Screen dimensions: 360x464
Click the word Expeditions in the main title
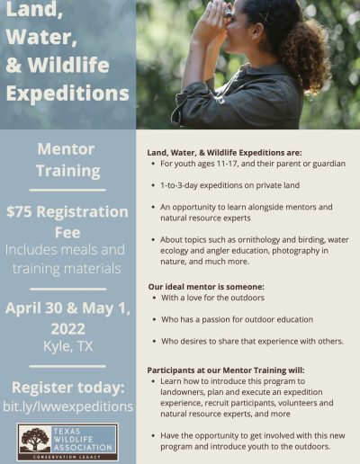pyautogui.click(x=67, y=94)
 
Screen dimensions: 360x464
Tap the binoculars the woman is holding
pyautogui.click(x=228, y=13)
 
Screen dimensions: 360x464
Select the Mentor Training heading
pyautogui.click(x=67, y=160)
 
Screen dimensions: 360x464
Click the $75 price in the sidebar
pyautogui.click(x=19, y=211)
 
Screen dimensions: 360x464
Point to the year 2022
pyautogui.click(x=67, y=329)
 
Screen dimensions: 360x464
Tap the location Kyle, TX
pyautogui.click(x=68, y=346)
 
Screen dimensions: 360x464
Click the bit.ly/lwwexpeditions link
pyautogui.click(x=68, y=406)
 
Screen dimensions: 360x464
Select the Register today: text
pyautogui.click(x=68, y=388)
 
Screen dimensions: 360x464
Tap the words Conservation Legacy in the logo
pyautogui.click(x=67, y=457)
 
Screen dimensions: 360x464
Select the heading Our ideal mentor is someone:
pyautogui.click(x=206, y=287)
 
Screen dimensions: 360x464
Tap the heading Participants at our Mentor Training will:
pyautogui.click(x=226, y=370)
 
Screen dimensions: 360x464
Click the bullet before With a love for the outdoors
pyautogui.click(x=154, y=298)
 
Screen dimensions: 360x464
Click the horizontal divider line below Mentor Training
pyautogui.click(x=67, y=190)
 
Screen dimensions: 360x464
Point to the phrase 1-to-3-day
pyautogui.click(x=179, y=185)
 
